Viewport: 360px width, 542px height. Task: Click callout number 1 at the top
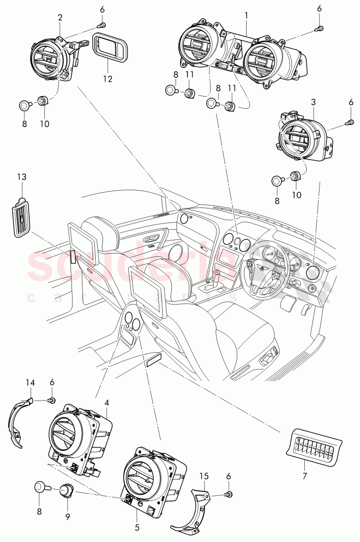(x=246, y=16)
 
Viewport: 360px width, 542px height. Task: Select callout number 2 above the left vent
(x=60, y=17)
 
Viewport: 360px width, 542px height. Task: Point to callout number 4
(x=107, y=402)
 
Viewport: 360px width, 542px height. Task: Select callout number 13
(x=21, y=176)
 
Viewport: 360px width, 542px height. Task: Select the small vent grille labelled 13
(x=21, y=216)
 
